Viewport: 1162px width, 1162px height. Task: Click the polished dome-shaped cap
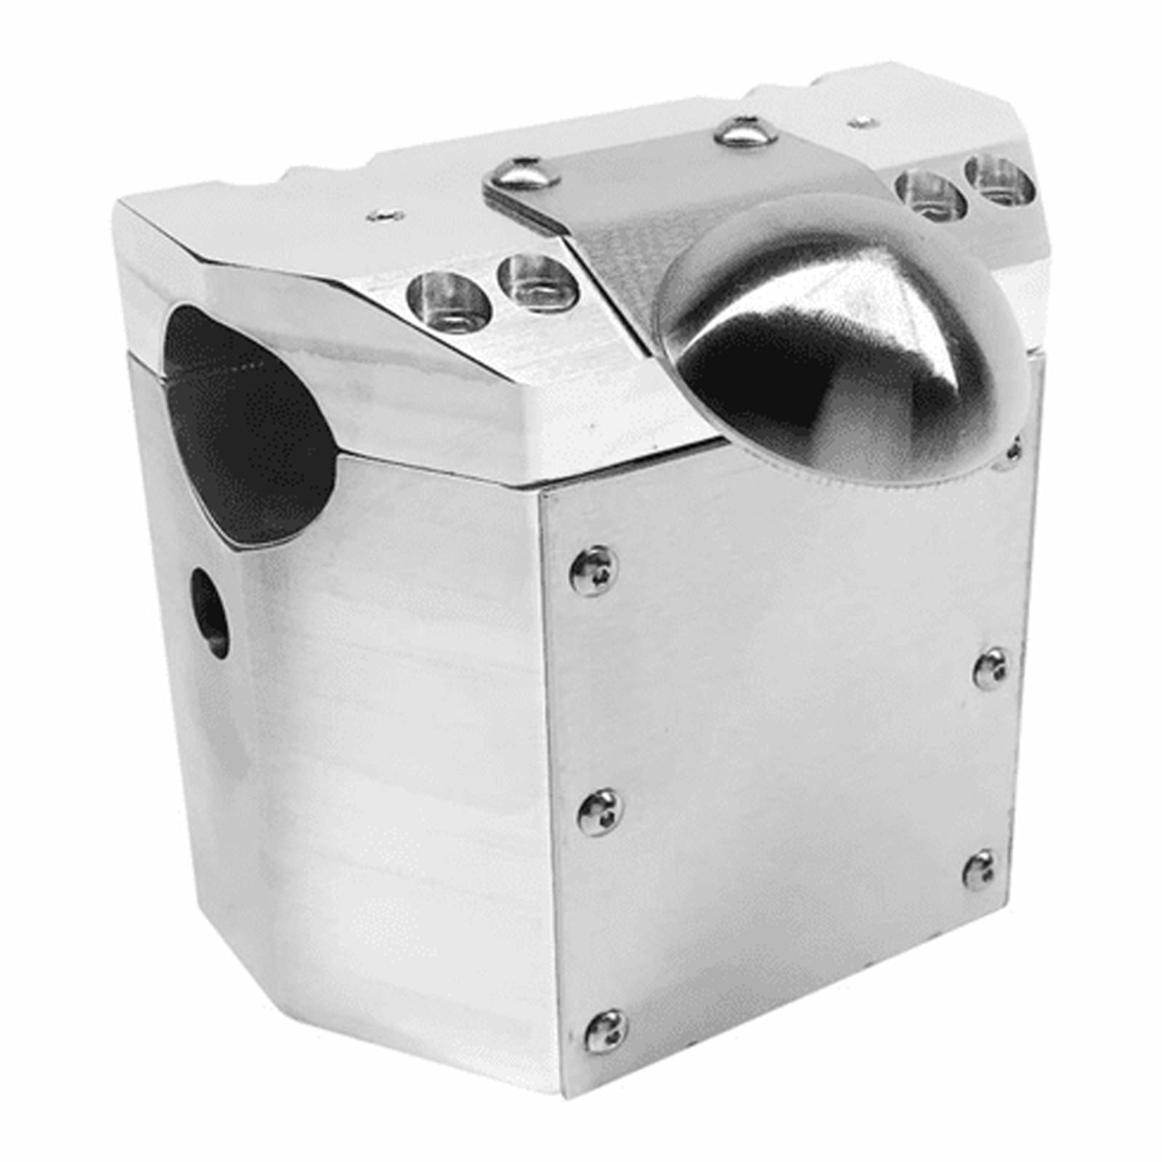point(842,341)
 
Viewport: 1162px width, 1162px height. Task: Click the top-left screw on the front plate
point(593,571)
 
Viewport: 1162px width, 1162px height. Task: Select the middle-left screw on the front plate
point(600,812)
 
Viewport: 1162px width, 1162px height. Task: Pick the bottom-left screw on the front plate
point(606,1031)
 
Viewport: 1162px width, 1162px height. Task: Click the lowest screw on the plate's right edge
point(980,869)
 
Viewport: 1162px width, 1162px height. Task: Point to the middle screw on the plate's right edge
point(991,668)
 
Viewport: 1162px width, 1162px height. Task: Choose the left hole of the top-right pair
point(931,195)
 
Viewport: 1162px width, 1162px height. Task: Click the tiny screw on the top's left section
point(385,215)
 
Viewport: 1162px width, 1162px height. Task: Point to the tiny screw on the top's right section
point(861,122)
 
